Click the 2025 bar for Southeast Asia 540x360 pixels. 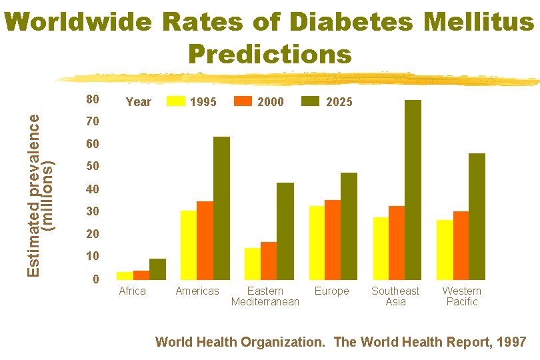click(413, 189)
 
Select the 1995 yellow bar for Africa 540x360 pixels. click(125, 275)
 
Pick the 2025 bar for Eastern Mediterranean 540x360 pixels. click(285, 231)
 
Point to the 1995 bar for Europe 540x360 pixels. click(317, 242)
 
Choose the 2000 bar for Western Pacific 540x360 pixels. click(461, 245)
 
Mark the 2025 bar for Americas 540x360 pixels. click(221, 207)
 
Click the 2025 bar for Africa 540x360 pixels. click(157, 269)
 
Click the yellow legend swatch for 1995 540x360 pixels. click(176, 101)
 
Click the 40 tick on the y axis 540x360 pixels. click(93, 189)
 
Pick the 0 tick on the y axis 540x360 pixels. click(96, 279)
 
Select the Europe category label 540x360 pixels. click(331, 291)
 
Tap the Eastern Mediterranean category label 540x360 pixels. click(265, 296)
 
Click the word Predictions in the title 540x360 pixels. click(269, 53)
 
